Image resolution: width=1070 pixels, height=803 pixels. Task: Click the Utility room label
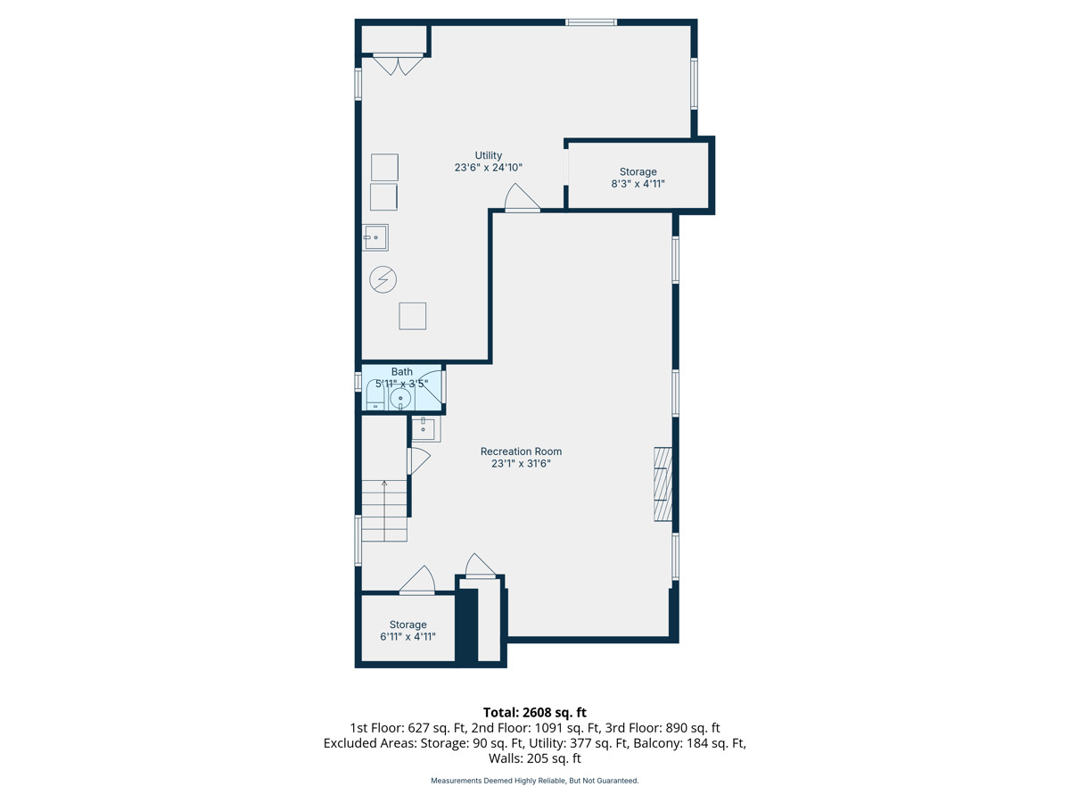488,161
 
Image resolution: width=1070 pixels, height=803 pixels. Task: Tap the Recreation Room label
521,458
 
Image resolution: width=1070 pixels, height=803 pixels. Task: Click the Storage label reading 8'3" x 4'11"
638,178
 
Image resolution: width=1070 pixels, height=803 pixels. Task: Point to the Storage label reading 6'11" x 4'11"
407,631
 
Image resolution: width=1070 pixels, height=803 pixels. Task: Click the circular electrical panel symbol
383,280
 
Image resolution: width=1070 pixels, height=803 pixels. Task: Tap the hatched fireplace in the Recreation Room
663,484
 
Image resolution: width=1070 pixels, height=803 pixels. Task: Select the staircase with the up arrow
384,510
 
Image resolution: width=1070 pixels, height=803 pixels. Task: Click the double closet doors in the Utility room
398,64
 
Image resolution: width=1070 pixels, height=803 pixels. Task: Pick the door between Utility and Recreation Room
523,198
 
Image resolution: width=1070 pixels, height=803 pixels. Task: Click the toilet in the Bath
375,396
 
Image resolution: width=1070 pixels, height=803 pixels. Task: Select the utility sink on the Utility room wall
374,237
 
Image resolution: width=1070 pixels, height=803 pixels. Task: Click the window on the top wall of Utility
591,22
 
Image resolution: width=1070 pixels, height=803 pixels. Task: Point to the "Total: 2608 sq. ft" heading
535,712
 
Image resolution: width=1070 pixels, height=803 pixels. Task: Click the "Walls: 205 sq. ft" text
535,758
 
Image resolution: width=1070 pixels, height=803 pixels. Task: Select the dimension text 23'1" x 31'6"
521,463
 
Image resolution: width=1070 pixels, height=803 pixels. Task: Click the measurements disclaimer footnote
535,781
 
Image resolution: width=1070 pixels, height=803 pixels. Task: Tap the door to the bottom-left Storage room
417,580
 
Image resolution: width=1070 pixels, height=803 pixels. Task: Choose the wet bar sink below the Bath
425,428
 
